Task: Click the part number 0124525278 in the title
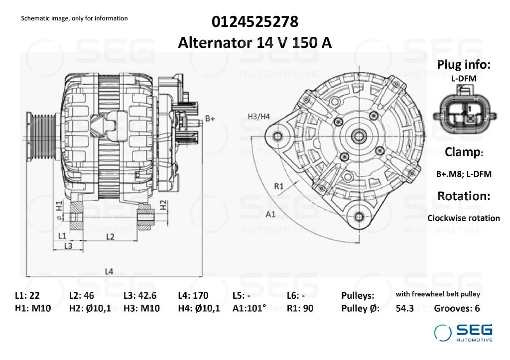pyautogui.click(x=255, y=22)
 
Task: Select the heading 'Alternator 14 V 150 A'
pyautogui.click(x=255, y=43)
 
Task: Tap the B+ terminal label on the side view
pyautogui.click(x=210, y=119)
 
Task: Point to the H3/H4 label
pyautogui.click(x=258, y=117)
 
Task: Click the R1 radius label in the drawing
pyautogui.click(x=279, y=187)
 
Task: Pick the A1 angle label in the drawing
pyautogui.click(x=270, y=215)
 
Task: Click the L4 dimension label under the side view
pyautogui.click(x=109, y=271)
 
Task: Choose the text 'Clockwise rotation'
pyautogui.click(x=463, y=218)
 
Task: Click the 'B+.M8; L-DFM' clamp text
pyautogui.click(x=463, y=174)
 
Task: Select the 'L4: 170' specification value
pyautogui.click(x=193, y=295)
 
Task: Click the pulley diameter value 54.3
pyautogui.click(x=404, y=308)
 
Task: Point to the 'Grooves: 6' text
pyautogui.click(x=457, y=308)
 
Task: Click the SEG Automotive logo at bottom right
pyautogui.click(x=463, y=333)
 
